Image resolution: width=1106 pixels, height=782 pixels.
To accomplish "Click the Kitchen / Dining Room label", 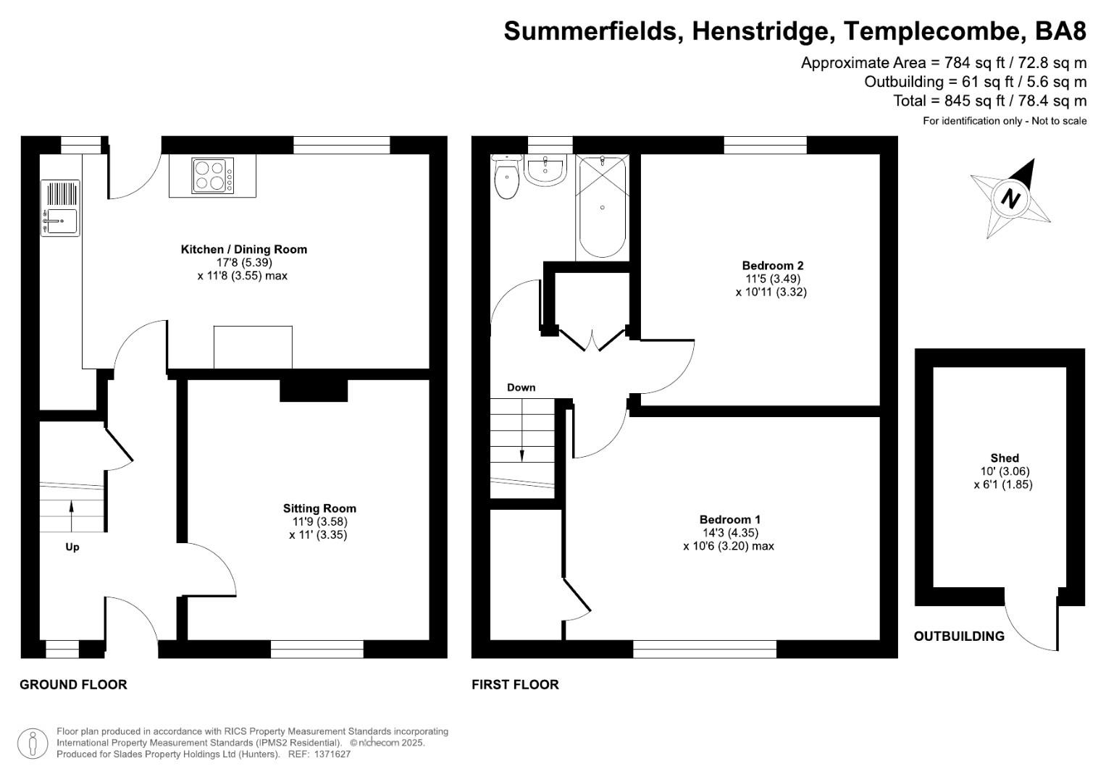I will (243, 249).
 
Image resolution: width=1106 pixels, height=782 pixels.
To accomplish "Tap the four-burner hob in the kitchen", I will (212, 176).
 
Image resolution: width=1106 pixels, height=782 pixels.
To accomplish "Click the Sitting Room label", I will (319, 508).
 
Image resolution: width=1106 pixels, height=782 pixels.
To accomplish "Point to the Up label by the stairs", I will (72, 547).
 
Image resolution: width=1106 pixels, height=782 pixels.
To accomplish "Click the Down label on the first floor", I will (521, 387).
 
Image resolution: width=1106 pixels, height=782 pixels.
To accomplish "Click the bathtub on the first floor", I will (603, 206).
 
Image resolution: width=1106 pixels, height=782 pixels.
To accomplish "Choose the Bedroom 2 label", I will (772, 266).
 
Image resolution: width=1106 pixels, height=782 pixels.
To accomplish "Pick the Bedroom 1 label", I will (729, 519).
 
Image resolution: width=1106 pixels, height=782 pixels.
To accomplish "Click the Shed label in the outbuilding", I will (1004, 458).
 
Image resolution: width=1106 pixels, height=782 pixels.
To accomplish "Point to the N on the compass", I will (1010, 198).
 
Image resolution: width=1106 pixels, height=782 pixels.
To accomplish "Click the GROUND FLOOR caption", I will (73, 684).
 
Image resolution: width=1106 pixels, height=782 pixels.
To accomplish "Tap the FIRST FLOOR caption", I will (515, 684).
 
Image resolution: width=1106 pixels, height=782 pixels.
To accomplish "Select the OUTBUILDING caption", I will (958, 636).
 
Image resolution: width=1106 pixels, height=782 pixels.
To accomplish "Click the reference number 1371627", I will (330, 754).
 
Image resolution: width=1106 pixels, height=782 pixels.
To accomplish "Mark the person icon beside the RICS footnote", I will (33, 743).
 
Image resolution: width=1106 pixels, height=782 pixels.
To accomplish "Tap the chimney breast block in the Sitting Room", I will (314, 390).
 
